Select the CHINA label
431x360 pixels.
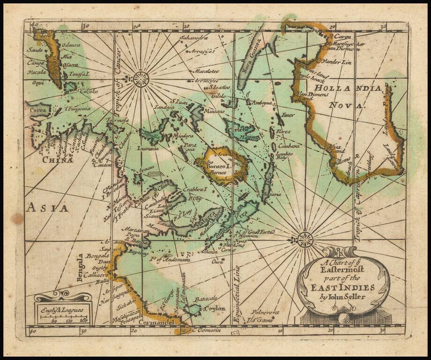click(x=58, y=160)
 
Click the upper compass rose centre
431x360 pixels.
click(x=141, y=79)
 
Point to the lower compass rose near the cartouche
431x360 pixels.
click(x=305, y=240)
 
